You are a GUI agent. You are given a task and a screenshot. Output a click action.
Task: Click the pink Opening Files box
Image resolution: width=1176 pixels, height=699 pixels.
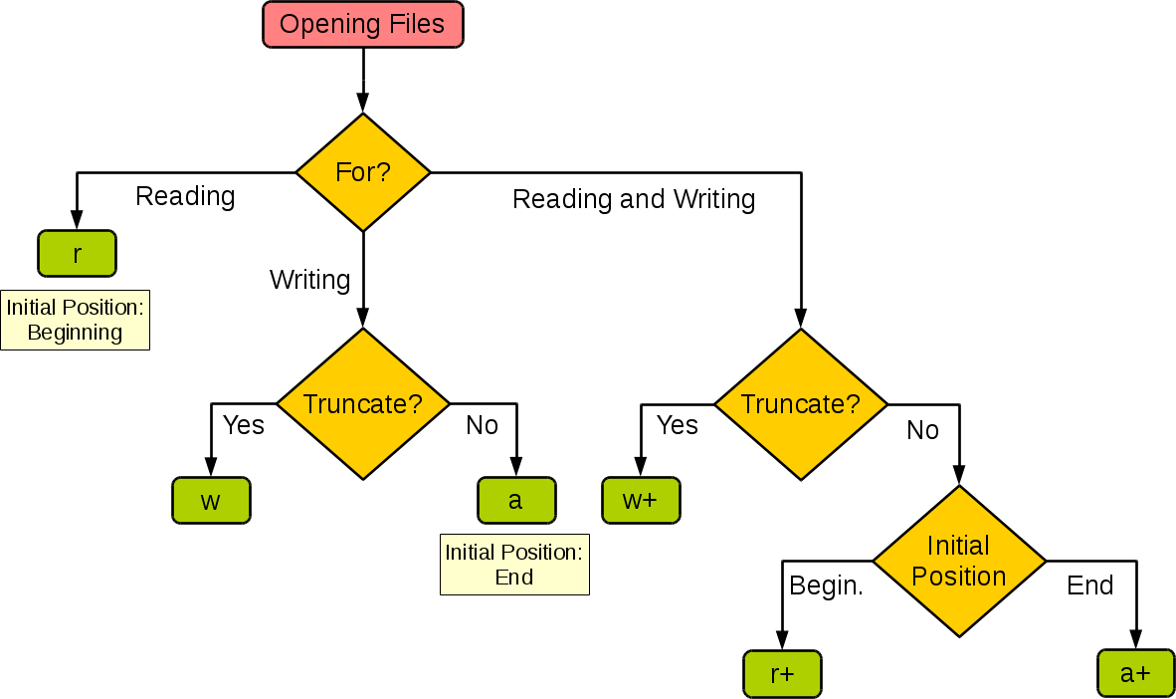(362, 25)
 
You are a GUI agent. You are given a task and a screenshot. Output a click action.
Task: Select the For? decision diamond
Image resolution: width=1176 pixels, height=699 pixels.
(363, 172)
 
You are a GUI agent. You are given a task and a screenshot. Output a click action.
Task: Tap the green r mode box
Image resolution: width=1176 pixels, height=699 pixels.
(78, 253)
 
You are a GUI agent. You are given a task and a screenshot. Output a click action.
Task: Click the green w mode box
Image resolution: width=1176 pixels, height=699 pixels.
(211, 500)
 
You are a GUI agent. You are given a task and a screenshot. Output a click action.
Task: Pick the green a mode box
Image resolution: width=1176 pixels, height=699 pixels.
(515, 500)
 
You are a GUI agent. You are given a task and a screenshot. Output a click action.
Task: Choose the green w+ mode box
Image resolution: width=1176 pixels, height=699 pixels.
(641, 500)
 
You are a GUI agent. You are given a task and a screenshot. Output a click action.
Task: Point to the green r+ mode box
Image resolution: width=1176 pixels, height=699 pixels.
(783, 673)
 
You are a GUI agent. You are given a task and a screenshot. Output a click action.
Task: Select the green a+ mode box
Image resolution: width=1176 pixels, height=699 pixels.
(1135, 673)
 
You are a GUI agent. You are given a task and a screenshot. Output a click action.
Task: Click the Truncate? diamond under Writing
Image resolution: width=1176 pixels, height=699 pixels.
(363, 404)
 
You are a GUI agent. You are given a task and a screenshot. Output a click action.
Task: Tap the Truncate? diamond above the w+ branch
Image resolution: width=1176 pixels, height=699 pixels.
(801, 404)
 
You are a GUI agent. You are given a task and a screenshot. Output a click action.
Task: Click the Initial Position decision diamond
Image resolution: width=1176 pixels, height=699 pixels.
(959, 562)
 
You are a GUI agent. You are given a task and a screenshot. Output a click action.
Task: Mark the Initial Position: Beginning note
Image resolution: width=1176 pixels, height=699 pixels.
(75, 321)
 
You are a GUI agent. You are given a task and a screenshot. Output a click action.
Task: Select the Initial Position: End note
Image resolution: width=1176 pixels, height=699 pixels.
(514, 565)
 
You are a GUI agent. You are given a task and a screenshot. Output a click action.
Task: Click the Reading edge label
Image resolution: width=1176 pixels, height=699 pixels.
(188, 196)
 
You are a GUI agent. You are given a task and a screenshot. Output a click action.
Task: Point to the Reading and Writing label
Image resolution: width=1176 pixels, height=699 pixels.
(637, 199)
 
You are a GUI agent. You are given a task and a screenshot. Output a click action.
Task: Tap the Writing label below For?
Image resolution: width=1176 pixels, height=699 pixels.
(309, 280)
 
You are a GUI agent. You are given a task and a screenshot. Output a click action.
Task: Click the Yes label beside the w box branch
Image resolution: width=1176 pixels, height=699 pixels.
(244, 425)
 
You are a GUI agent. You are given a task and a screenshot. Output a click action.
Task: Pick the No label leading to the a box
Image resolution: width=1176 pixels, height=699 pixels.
(484, 426)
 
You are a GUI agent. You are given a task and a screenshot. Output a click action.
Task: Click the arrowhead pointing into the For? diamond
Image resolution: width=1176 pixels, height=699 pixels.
(363, 104)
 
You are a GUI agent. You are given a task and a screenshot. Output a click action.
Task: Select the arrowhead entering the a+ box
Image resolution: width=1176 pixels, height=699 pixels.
(1135, 640)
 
